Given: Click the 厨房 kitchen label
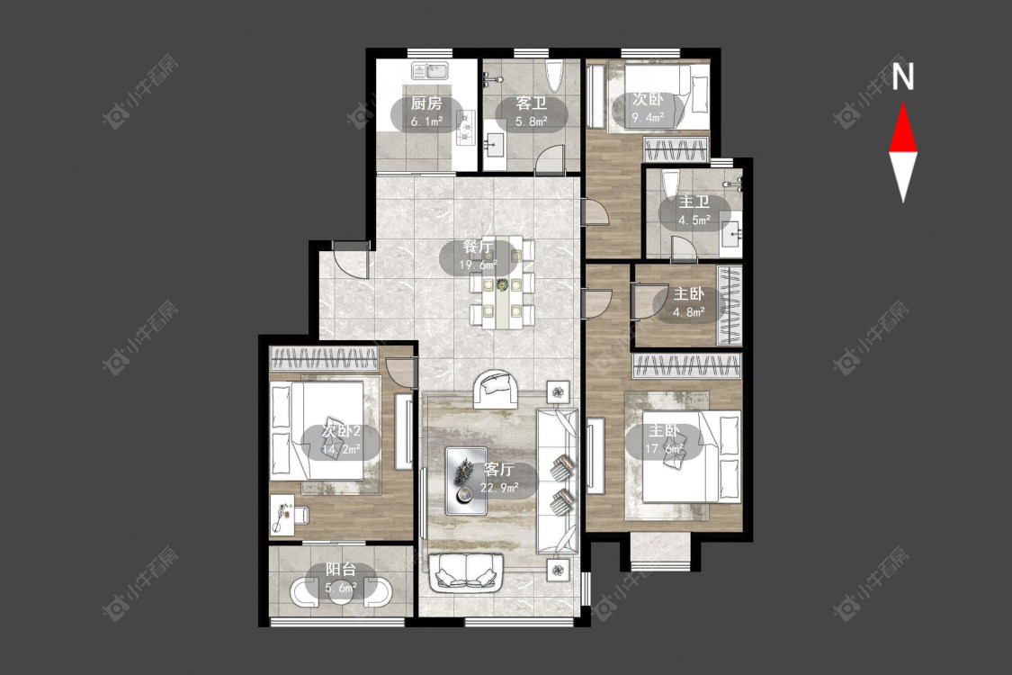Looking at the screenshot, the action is pyautogui.click(x=426, y=103).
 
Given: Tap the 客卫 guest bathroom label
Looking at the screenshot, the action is pyautogui.click(x=531, y=103).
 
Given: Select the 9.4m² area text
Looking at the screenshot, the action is pyautogui.click(x=648, y=117).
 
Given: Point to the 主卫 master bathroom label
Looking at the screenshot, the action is pyautogui.click(x=694, y=202).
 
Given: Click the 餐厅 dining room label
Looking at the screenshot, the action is pyautogui.click(x=479, y=247).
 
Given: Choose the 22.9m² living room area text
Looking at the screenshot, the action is pyautogui.click(x=499, y=488).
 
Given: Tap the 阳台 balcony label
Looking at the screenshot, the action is pyautogui.click(x=341, y=570).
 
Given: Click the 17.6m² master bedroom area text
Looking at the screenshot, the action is pyautogui.click(x=664, y=448).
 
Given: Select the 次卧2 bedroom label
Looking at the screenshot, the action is pyautogui.click(x=341, y=431).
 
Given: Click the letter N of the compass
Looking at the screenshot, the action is pyautogui.click(x=903, y=76).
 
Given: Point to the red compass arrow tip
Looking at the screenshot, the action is pyautogui.click(x=903, y=102).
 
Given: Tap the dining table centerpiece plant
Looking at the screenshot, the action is pyautogui.click(x=502, y=283).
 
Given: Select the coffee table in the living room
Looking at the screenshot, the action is pyautogui.click(x=466, y=481).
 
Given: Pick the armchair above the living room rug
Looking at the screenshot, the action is pyautogui.click(x=495, y=390).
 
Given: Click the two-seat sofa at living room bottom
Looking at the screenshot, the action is pyautogui.click(x=465, y=571).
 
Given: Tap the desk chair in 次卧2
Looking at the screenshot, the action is pyautogui.click(x=300, y=515).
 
